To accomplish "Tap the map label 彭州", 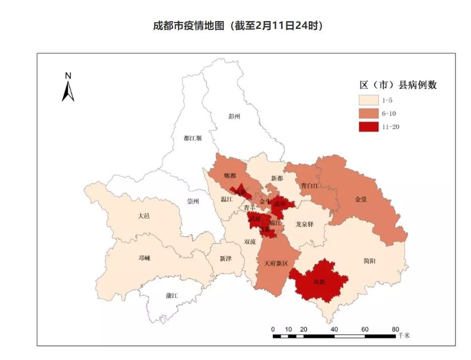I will click(234, 116).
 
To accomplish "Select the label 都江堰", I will click(193, 138).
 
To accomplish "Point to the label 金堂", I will click(361, 199).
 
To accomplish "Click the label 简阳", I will click(369, 261).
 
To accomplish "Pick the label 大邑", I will click(144, 215).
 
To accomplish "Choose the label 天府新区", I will click(276, 263).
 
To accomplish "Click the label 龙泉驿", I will click(304, 224).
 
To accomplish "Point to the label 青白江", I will click(310, 186).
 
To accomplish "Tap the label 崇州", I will click(193, 202).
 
